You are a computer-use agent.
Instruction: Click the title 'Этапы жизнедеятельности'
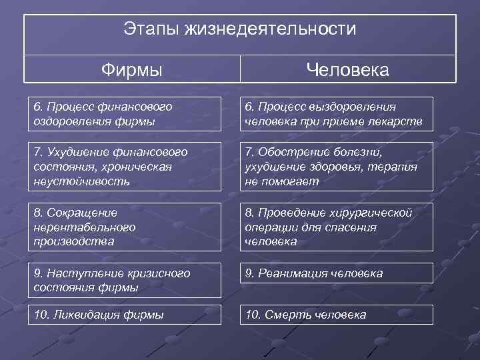[x=240, y=30]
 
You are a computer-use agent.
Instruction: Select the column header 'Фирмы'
[x=132, y=69]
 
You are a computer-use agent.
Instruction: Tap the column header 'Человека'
[x=347, y=69]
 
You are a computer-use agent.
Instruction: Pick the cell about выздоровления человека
[x=336, y=114]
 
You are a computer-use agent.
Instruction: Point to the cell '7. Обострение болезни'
[x=336, y=166]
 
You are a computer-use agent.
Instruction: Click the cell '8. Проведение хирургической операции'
[x=336, y=227]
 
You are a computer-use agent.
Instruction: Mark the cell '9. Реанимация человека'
[x=336, y=273]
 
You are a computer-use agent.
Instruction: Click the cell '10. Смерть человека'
[x=336, y=315]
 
